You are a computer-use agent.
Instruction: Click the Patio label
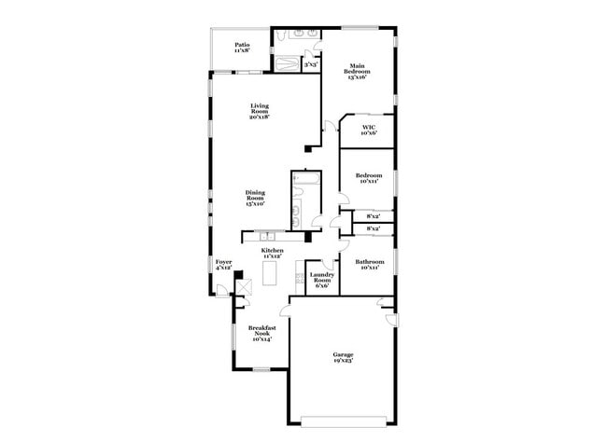(242, 44)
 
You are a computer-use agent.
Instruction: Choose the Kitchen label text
(274, 252)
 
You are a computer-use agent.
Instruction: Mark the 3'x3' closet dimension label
(311, 65)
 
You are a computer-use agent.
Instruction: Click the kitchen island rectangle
(270, 273)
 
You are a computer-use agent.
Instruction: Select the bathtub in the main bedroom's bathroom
(287, 65)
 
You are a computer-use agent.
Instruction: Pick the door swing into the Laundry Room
(327, 264)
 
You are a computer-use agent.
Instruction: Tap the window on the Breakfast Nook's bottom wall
(261, 369)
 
